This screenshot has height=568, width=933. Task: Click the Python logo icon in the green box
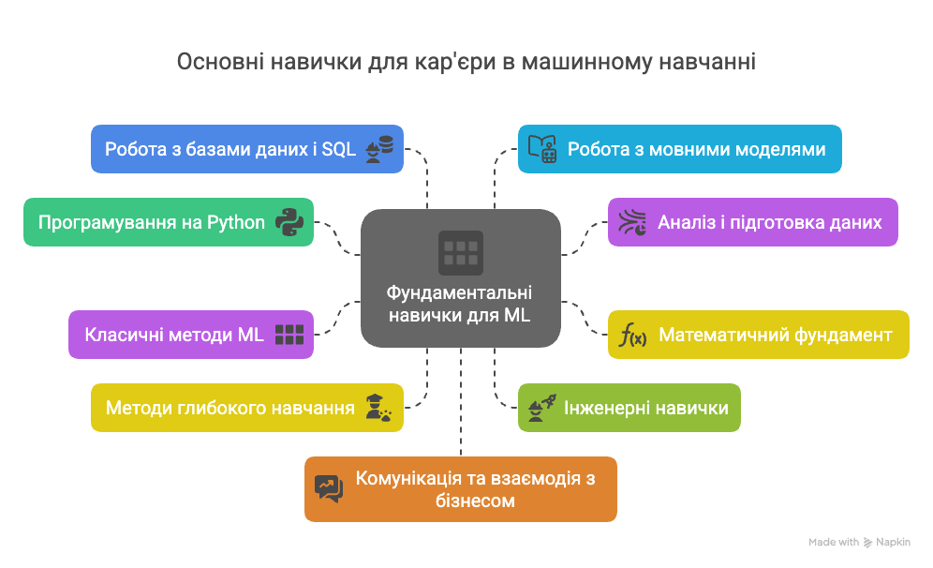tap(289, 222)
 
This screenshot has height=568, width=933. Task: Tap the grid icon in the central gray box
tap(461, 252)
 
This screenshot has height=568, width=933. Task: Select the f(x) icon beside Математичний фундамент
tap(633, 335)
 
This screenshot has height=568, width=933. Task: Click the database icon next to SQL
tap(378, 149)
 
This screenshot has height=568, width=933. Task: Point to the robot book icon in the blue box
tap(542, 149)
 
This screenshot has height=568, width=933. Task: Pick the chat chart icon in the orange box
tap(329, 488)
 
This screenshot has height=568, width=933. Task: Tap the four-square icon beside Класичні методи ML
tap(289, 335)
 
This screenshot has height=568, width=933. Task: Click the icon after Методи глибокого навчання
tap(378, 408)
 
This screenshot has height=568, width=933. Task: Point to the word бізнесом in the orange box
tap(475, 501)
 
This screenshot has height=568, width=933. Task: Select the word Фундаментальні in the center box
tap(460, 292)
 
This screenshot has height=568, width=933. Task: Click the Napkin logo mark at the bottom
tap(868, 542)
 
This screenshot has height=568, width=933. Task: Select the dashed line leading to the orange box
tap(461, 403)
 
